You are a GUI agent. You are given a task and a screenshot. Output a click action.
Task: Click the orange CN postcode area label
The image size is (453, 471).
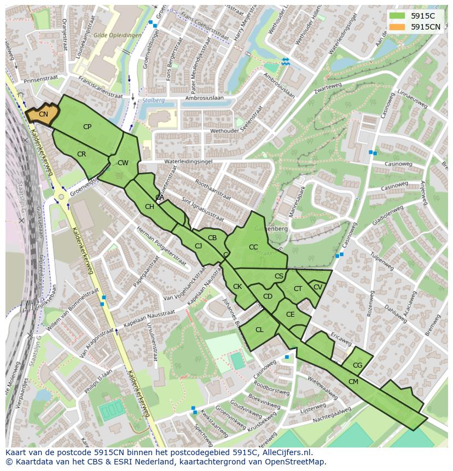pos(43,114)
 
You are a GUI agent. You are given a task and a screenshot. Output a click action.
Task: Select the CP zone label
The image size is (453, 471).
pos(87,127)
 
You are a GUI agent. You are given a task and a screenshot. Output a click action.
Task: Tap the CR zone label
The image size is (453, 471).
pos(82,154)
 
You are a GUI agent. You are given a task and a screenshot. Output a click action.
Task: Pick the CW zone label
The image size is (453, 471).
pos(123,163)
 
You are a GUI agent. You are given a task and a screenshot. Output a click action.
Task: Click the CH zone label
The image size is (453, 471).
pos(149,207)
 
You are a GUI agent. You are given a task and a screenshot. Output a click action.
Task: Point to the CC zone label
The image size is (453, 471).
pos(253,247)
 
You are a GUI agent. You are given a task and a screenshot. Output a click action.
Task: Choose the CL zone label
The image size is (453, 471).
pos(259,330)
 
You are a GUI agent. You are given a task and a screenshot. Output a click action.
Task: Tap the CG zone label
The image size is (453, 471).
pos(357,365)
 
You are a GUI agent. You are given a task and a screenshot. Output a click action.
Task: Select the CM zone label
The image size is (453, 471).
pos(353,382)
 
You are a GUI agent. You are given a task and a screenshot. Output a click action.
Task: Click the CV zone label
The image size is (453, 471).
pos(318,287)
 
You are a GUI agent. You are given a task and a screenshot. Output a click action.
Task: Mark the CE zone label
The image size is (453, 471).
pos(291,315)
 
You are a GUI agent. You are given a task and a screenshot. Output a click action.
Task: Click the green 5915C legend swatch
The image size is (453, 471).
pos(397,16)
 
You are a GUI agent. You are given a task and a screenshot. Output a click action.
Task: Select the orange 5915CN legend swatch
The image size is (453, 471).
pos(397,27)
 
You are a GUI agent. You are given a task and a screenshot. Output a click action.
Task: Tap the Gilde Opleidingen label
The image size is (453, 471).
pos(117,35)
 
